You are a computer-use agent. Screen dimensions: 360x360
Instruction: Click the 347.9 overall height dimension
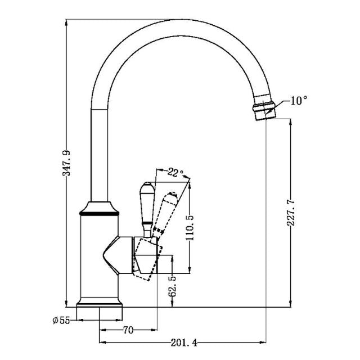click(x=66, y=164)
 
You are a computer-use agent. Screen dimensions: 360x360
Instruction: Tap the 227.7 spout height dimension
click(x=290, y=212)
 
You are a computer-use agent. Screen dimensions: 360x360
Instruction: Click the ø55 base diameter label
click(x=60, y=320)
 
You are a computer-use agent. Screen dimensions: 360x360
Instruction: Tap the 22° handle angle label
click(x=175, y=173)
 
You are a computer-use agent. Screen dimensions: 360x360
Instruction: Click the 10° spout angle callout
click(x=299, y=101)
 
